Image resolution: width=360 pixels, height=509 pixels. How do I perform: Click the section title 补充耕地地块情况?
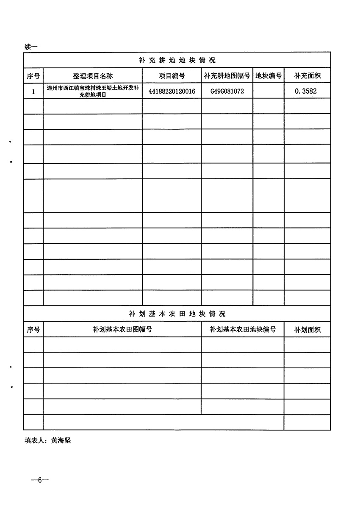[177, 60]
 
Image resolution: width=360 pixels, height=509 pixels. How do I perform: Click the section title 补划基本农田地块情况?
[177, 314]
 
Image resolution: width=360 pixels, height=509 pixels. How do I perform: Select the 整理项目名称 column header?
[92, 76]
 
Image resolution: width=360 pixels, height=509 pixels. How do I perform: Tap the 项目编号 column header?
[172, 76]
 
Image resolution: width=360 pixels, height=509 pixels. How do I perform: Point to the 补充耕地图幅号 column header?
[227, 76]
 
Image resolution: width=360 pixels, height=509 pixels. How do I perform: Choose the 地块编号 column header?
[269, 76]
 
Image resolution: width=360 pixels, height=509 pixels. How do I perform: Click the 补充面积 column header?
[307, 76]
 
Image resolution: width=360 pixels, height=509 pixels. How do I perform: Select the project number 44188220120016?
[172, 91]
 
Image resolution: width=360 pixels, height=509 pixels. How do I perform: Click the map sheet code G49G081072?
[227, 91]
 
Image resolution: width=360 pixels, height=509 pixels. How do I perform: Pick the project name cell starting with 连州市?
[92, 92]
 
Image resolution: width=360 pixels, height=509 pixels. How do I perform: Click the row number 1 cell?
[33, 92]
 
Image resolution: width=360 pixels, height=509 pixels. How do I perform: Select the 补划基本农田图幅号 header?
[122, 329]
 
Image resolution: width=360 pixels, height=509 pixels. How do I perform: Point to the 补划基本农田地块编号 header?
[243, 329]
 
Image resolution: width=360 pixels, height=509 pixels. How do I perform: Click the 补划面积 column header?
[307, 330]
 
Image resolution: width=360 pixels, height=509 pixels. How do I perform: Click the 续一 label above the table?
[31, 47]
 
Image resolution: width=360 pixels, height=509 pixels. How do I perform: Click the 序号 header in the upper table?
[33, 76]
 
